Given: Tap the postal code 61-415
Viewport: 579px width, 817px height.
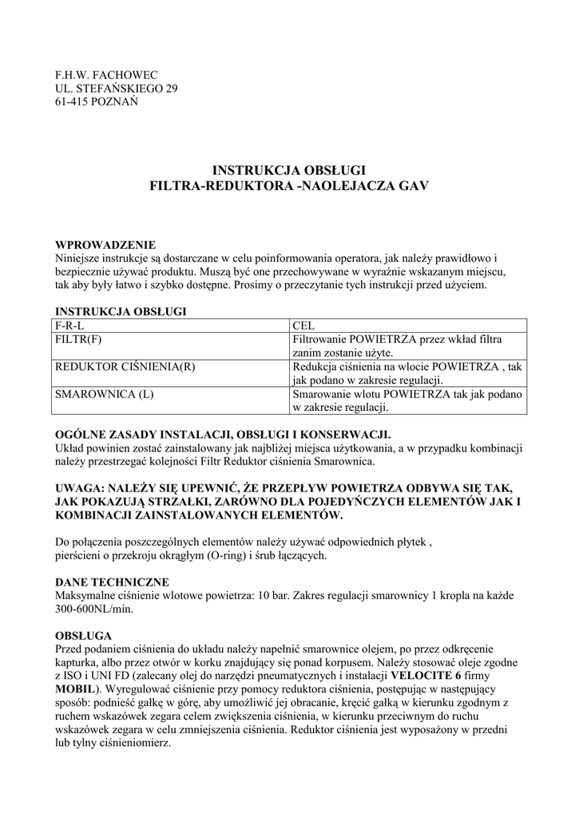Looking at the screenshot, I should coord(71,102).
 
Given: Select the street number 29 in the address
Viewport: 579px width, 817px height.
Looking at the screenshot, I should coord(170,89).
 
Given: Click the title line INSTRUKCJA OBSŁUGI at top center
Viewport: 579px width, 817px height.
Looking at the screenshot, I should coord(289,170).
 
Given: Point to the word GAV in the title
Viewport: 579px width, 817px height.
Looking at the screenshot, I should coord(413,185).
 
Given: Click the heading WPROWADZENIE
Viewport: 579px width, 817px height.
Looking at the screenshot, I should coord(105,245).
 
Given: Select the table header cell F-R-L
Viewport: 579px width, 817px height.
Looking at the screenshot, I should coord(69,326).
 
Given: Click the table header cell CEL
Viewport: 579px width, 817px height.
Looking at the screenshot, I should coord(304,326).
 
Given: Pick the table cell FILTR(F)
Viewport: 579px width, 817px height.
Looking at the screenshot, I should coord(78,340).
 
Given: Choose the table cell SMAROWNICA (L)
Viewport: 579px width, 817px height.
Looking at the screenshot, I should coord(103,394).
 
